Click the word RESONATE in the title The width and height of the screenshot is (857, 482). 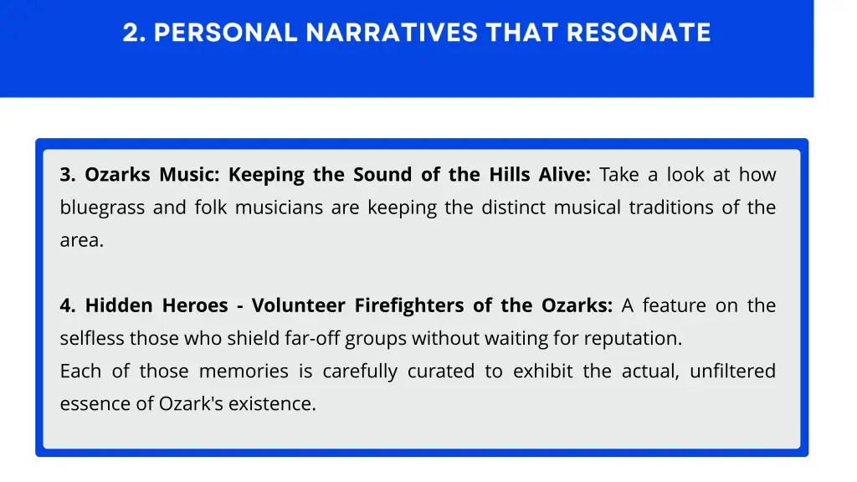(639, 33)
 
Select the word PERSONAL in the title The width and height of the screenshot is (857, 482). (226, 33)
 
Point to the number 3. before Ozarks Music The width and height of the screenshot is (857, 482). (68, 175)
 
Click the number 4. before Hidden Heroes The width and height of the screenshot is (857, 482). (68, 305)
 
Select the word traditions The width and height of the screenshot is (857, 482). (671, 208)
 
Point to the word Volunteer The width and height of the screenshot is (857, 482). (299, 305)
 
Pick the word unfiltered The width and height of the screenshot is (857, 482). (732, 371)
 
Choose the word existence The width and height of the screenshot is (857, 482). (273, 403)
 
